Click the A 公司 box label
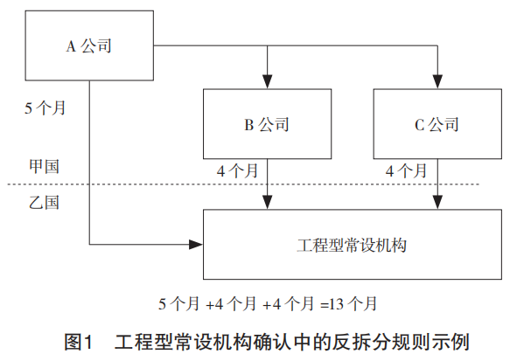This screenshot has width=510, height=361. click(89, 45)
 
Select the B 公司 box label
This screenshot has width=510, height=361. click(267, 124)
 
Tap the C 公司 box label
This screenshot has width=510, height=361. click(437, 124)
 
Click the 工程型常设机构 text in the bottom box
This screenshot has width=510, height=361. click(352, 246)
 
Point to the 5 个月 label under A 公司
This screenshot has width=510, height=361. click(45, 108)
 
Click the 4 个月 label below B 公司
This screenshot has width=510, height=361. click(237, 171)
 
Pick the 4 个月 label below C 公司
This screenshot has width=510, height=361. click(406, 171)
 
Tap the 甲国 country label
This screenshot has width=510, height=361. click(45, 166)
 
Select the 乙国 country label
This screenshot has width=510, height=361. click(45, 202)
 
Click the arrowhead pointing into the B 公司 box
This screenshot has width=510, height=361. click(268, 81)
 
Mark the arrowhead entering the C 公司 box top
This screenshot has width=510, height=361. click(437, 81)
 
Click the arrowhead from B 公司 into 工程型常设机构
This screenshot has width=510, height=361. click(268, 203)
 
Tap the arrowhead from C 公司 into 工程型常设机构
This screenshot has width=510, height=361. click(437, 203)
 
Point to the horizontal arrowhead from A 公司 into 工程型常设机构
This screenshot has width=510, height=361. click(196, 245)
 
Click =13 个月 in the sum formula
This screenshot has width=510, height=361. click(348, 304)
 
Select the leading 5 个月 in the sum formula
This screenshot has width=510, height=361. click(178, 304)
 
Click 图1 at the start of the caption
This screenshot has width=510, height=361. click(79, 342)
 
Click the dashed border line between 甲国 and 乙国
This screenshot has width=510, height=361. click(243, 184)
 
